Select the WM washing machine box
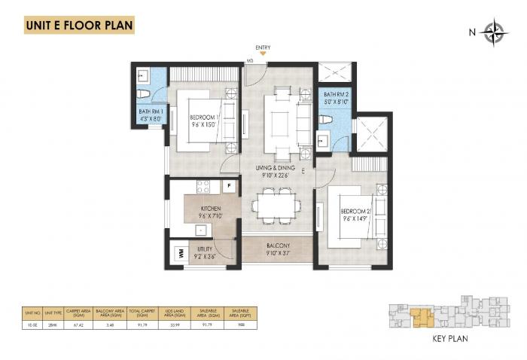(181, 255)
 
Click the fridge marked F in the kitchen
(228, 186)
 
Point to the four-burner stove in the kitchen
(203, 186)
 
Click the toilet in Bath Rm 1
(148, 93)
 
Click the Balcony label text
(277, 246)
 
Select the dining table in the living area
(276, 203)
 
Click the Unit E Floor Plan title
(79, 25)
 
